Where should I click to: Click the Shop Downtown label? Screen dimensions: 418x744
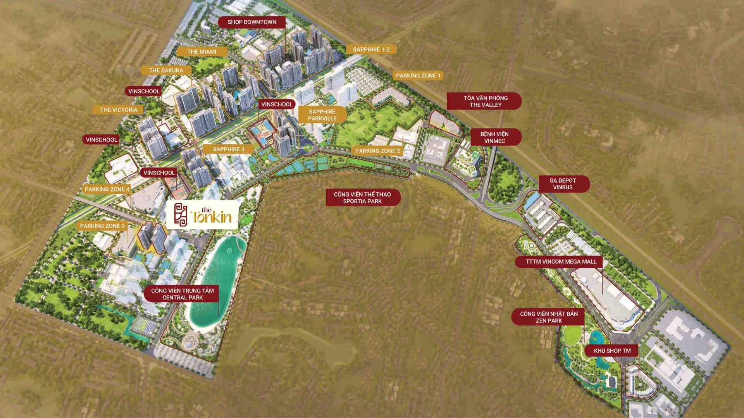[252, 22]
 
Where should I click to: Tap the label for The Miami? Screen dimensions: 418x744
[201, 51]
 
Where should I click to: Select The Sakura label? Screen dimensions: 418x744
[166, 70]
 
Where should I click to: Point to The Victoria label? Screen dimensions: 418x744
[119, 110]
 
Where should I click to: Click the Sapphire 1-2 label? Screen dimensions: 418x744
[371, 50]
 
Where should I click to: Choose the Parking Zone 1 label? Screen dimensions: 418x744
[418, 75]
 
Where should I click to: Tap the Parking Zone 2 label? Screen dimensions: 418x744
[377, 151]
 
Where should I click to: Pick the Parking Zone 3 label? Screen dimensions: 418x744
[102, 226]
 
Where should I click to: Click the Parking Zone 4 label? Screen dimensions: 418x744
[107, 189]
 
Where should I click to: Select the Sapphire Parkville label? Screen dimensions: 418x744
[322, 115]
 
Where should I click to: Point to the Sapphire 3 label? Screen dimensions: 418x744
[229, 149]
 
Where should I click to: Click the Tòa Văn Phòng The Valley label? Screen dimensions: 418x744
[485, 101]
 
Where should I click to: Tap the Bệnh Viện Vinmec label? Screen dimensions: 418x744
[494, 137]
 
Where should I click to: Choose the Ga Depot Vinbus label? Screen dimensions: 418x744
[563, 184]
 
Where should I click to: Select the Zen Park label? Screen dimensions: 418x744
[549, 317]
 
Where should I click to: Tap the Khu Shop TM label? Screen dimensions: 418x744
[612, 351]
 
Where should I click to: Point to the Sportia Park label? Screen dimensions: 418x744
[362, 198]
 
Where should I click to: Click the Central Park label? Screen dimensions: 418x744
[183, 294]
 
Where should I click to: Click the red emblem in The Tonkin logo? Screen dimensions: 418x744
[181, 214]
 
